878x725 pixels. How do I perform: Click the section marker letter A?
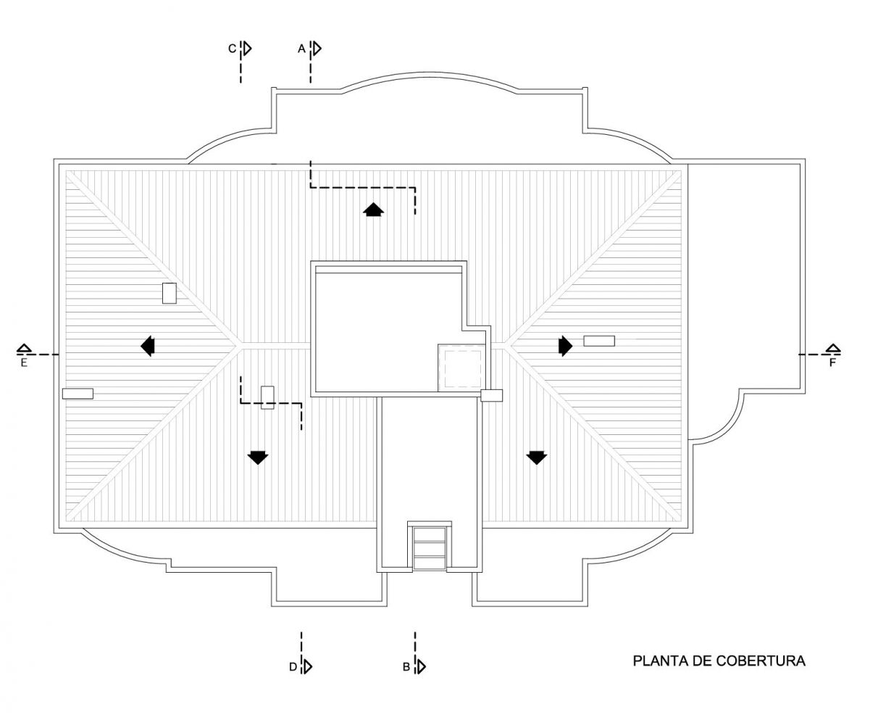pyautogui.click(x=301, y=49)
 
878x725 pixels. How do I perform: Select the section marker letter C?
pyautogui.click(x=232, y=49)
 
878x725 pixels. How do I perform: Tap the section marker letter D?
pyautogui.click(x=293, y=667)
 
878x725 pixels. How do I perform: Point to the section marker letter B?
pyautogui.click(x=406, y=667)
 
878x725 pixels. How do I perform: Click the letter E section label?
pyautogui.click(x=24, y=362)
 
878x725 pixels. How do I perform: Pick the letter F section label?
pyautogui.click(x=832, y=362)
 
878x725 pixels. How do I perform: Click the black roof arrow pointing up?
pyautogui.click(x=373, y=210)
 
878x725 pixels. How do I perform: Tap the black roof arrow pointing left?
pyautogui.click(x=148, y=346)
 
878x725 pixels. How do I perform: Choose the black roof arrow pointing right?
pyautogui.click(x=566, y=346)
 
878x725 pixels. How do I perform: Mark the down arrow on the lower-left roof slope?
pyautogui.click(x=258, y=457)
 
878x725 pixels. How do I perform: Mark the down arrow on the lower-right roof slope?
pyautogui.click(x=537, y=457)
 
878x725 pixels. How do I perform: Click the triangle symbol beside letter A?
pyautogui.click(x=317, y=49)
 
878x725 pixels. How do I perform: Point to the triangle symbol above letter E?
pyautogui.click(x=24, y=349)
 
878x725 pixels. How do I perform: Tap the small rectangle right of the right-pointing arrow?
pyautogui.click(x=599, y=341)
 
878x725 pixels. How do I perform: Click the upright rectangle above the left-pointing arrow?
pyautogui.click(x=170, y=294)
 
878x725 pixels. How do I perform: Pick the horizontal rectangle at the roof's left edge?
pyautogui.click(x=78, y=394)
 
